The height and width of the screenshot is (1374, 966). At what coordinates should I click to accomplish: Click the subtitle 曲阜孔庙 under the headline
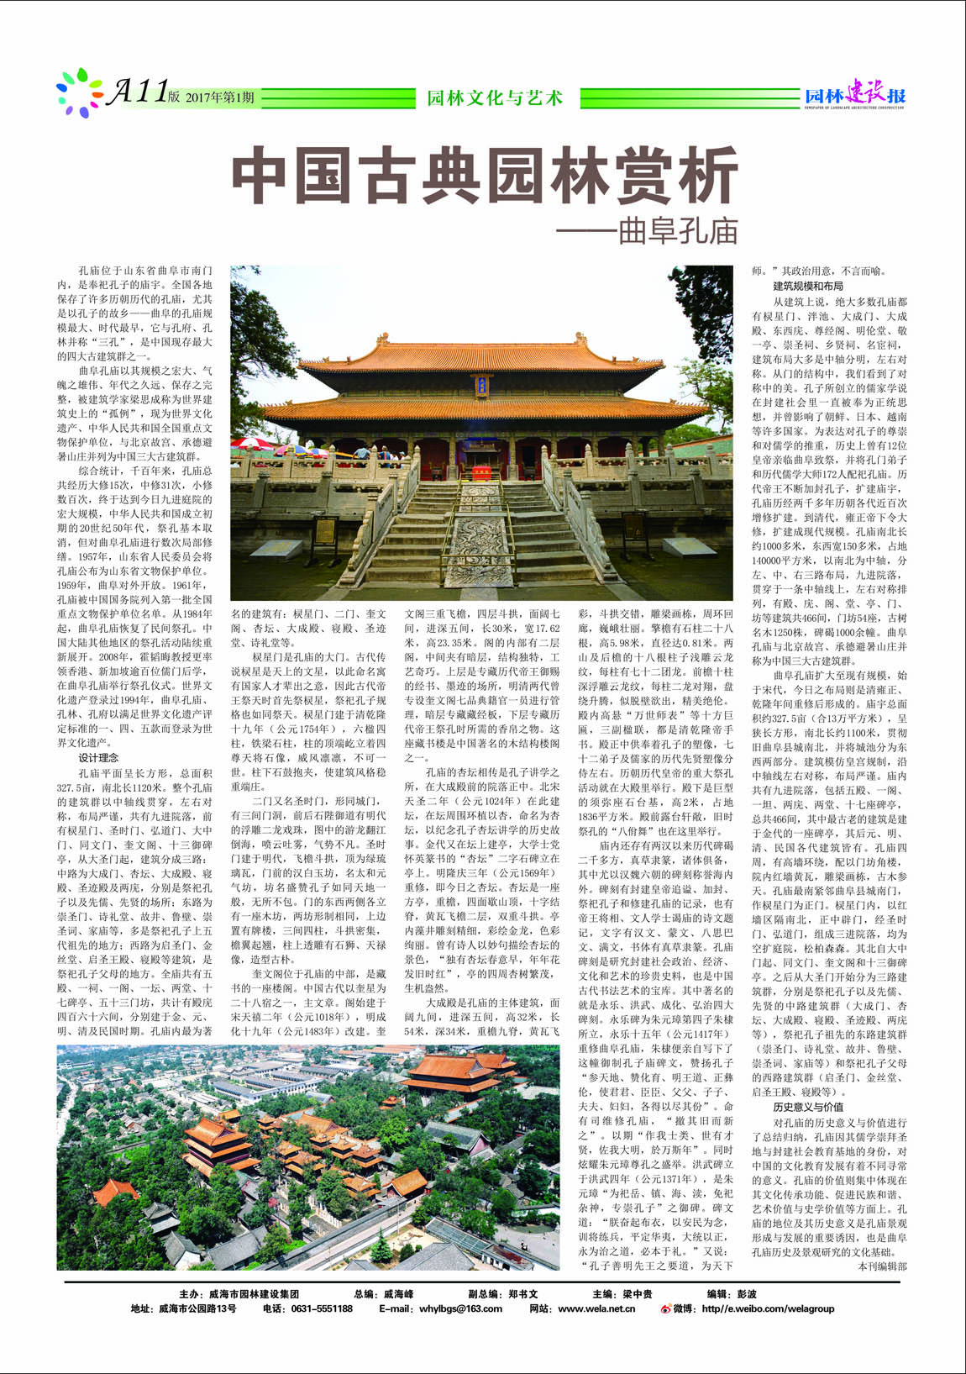pos(677,230)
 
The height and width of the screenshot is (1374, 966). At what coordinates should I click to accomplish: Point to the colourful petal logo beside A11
pos(78,92)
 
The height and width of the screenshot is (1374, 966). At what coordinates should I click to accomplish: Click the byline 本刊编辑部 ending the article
pos(882,1265)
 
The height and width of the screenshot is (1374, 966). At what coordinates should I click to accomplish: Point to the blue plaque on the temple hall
pos(482,386)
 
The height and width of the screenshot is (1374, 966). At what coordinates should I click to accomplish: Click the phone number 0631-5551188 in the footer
pos(319,1308)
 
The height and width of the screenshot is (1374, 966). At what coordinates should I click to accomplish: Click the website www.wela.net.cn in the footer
pos(596,1308)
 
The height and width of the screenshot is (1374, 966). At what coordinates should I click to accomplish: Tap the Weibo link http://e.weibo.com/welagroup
pos(768,1308)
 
